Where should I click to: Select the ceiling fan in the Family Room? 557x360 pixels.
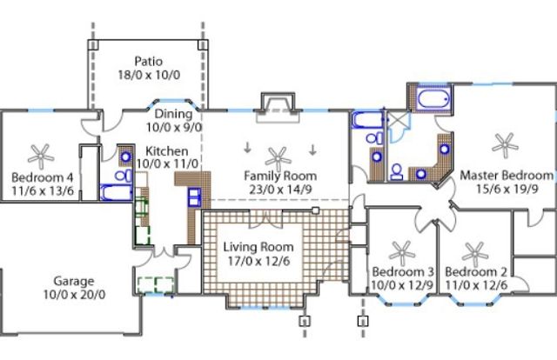click(x=278, y=157)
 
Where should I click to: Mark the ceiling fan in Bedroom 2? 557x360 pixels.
click(x=475, y=252)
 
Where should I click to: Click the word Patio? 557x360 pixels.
click(x=149, y=61)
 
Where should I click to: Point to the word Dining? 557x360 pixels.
click(x=173, y=113)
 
